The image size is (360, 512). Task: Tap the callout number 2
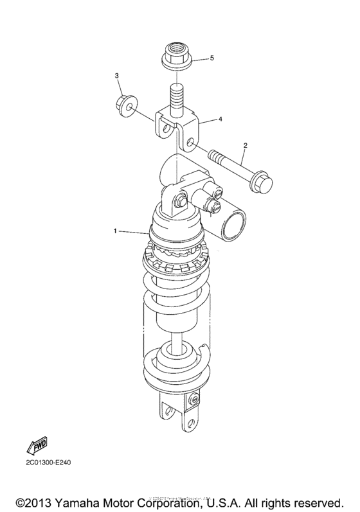click(x=245, y=146)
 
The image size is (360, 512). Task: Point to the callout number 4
click(x=220, y=119)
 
